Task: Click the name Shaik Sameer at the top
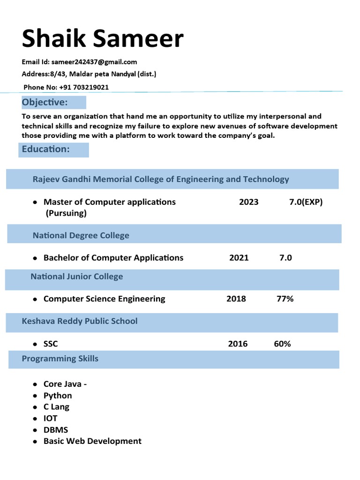point(102,38)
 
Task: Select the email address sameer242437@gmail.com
point(94,62)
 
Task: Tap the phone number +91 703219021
point(84,87)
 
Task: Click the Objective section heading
point(45,102)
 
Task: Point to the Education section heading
point(46,149)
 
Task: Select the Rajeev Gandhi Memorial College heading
point(161,179)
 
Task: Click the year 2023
point(248,202)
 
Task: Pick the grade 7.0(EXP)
point(306,202)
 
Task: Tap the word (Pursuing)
point(66,213)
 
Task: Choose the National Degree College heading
point(81,235)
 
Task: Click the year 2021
point(239,258)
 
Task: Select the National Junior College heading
point(77,277)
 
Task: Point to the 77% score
point(285,299)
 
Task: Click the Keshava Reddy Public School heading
point(80,321)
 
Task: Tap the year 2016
point(238,344)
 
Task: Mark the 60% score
point(282,344)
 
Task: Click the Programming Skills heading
point(60,359)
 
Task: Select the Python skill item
point(58,396)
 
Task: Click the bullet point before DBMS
point(35,430)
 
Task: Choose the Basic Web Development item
point(92,441)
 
